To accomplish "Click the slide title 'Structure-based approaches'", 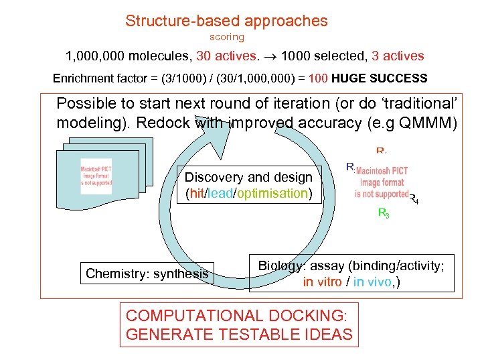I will coord(226,21).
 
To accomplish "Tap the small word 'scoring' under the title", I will coord(227,38).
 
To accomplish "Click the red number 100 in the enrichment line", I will coord(319,78).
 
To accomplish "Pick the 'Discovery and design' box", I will coord(248,185).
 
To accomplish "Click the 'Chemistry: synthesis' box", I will coord(147,273).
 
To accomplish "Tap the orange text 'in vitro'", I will coord(323,282).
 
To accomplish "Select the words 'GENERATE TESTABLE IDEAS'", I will coord(238,334).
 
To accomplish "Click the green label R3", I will coord(384,214).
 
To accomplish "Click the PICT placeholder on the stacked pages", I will coord(96,176).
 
